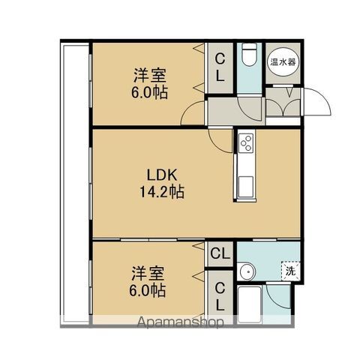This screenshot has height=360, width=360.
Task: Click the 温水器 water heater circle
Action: click(x=283, y=62)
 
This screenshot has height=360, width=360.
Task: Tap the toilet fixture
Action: click(x=250, y=55)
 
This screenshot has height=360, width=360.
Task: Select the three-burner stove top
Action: click(x=246, y=142)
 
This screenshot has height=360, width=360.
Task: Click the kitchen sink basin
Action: click(x=246, y=186)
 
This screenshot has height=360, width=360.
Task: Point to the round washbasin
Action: click(x=247, y=271)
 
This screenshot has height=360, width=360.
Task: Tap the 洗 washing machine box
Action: click(x=290, y=271)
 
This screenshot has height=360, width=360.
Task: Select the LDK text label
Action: click(x=162, y=175)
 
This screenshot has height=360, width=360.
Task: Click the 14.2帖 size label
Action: click(x=162, y=192)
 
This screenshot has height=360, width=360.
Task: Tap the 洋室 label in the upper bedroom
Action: click(x=150, y=75)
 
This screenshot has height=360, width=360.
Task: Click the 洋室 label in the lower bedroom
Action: click(x=148, y=274)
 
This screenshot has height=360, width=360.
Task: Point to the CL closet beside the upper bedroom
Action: click(x=220, y=68)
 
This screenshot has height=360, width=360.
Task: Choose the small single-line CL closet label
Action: click(x=220, y=253)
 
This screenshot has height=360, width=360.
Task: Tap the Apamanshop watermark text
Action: click(x=180, y=322)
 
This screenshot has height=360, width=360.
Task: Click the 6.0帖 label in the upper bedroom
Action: click(x=150, y=93)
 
